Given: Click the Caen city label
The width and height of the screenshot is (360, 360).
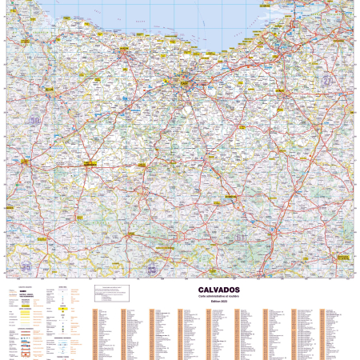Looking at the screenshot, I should pos(185,80).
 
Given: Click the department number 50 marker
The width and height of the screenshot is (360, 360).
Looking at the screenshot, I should pos(34,121).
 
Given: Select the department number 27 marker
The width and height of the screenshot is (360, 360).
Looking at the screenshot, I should pos(327,82).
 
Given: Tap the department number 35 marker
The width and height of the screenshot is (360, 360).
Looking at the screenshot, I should pos(26,266).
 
